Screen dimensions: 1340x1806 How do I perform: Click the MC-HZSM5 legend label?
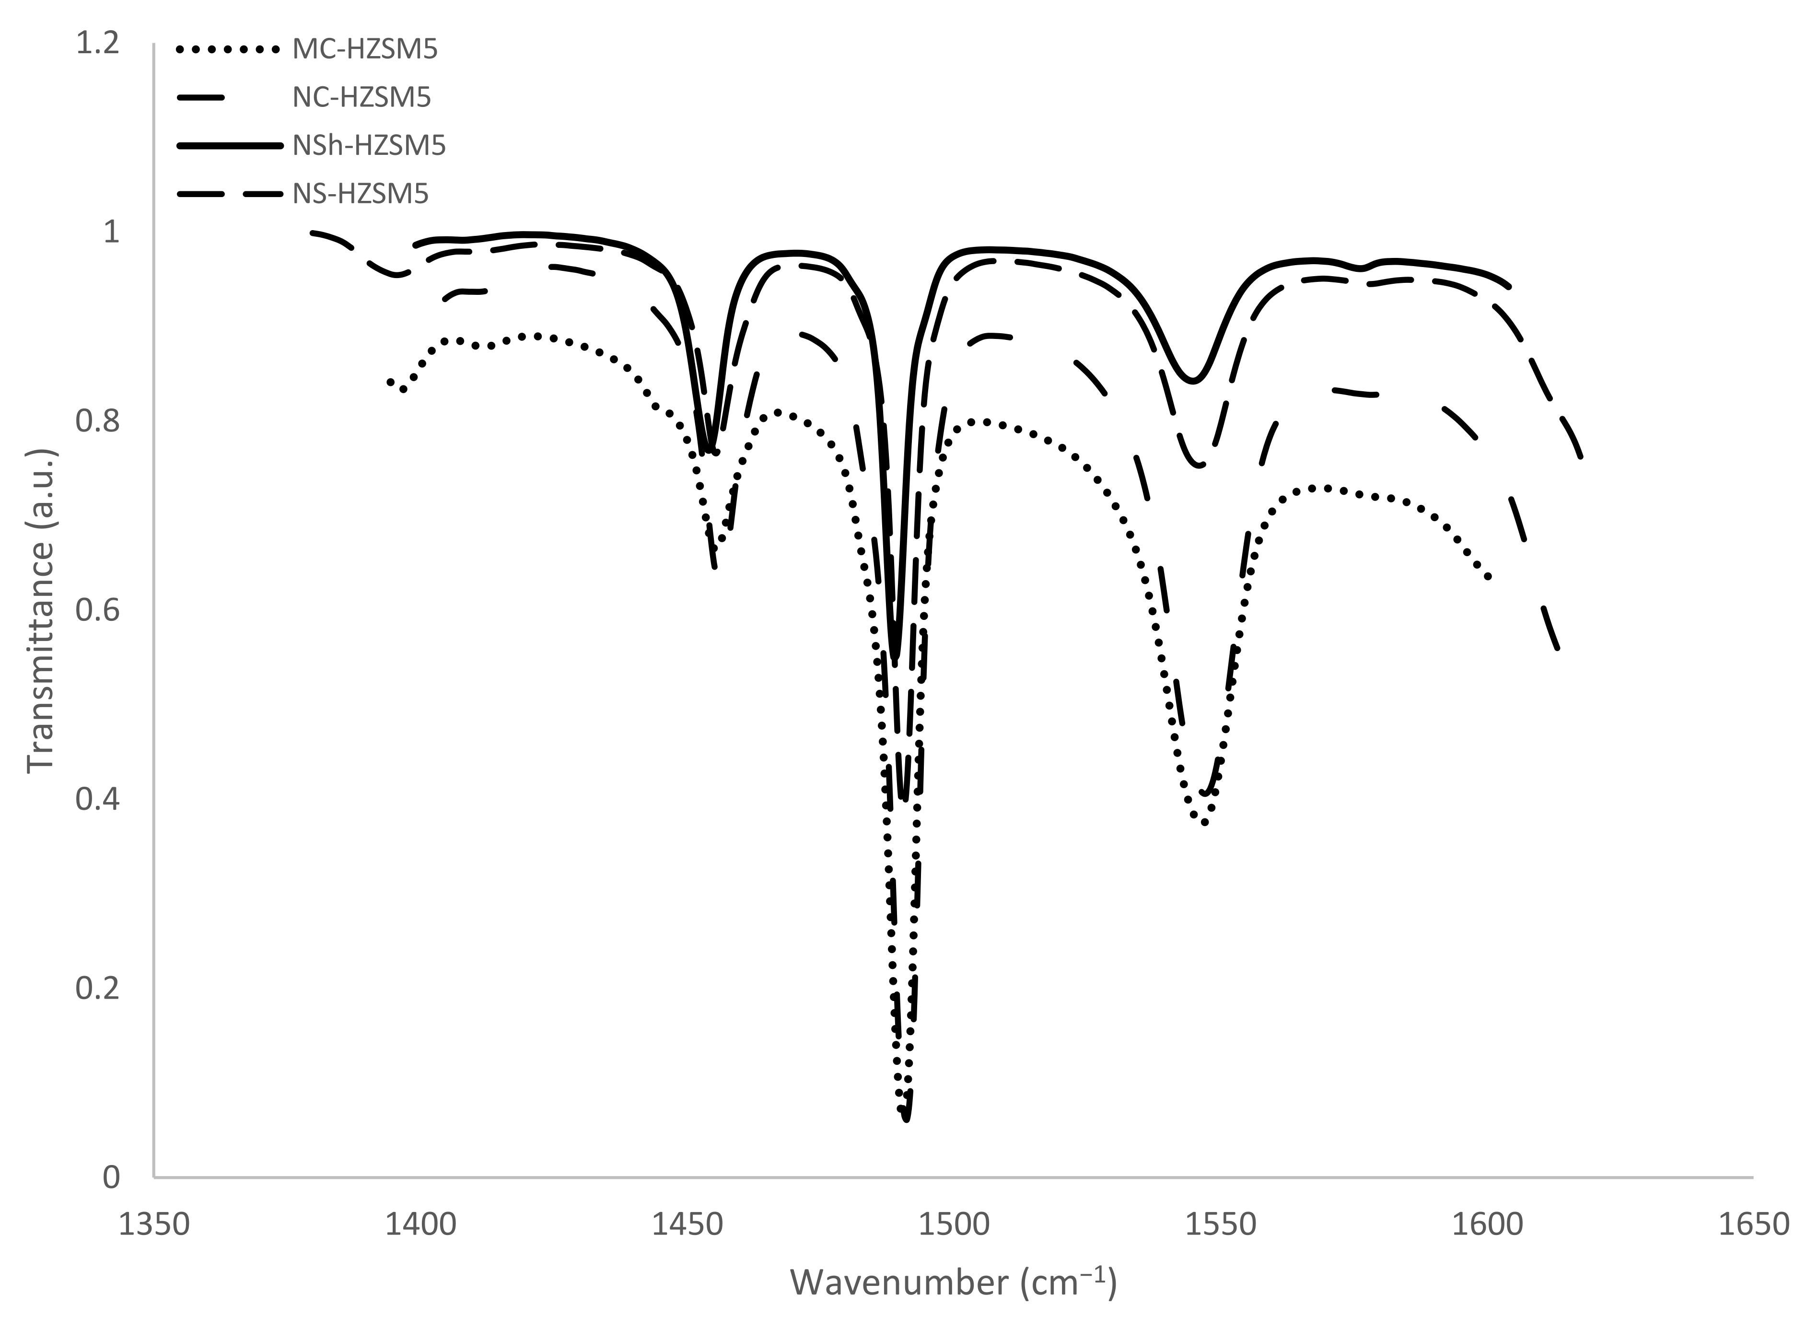pyautogui.click(x=365, y=49)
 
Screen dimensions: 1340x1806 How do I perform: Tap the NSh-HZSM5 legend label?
pyautogui.click(x=369, y=146)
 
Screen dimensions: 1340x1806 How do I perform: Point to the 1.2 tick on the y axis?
pyautogui.click(x=97, y=43)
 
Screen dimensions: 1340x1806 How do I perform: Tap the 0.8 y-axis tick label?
pyautogui.click(x=97, y=421)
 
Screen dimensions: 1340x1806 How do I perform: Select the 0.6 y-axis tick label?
pyautogui.click(x=97, y=610)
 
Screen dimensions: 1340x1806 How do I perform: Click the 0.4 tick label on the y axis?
pyautogui.click(x=97, y=799)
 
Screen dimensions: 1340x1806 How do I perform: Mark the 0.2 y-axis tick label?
pyautogui.click(x=97, y=988)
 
